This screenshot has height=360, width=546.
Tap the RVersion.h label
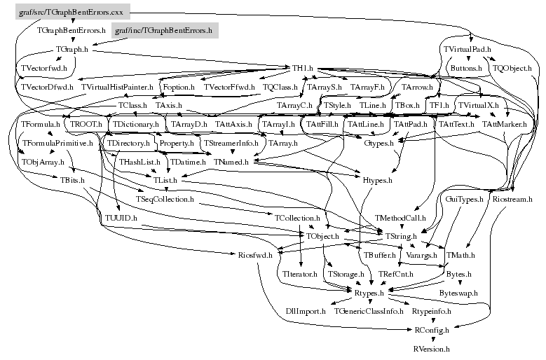pos(431,347)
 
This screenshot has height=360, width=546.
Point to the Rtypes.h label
pos(371,293)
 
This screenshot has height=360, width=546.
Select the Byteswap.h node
pos(458,293)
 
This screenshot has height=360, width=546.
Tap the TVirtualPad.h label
pos(467,50)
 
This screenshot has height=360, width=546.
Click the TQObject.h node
pos(512,68)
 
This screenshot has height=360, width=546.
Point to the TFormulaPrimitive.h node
pos(57,143)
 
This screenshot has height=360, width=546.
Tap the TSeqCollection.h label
pos(165,200)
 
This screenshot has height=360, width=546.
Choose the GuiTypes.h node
pos(465,200)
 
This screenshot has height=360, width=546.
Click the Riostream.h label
pos(515,200)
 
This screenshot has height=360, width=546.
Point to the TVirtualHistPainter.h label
pos(118,87)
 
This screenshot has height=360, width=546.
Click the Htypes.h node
pos(377,180)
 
